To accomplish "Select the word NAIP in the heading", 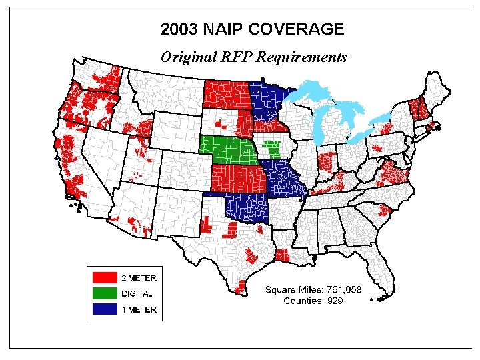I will [225, 29].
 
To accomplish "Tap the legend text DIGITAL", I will [137, 293].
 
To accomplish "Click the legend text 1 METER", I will [139, 309].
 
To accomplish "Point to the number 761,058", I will [341, 289].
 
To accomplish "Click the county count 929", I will [334, 300].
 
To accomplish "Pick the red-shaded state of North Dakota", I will [227, 94].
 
